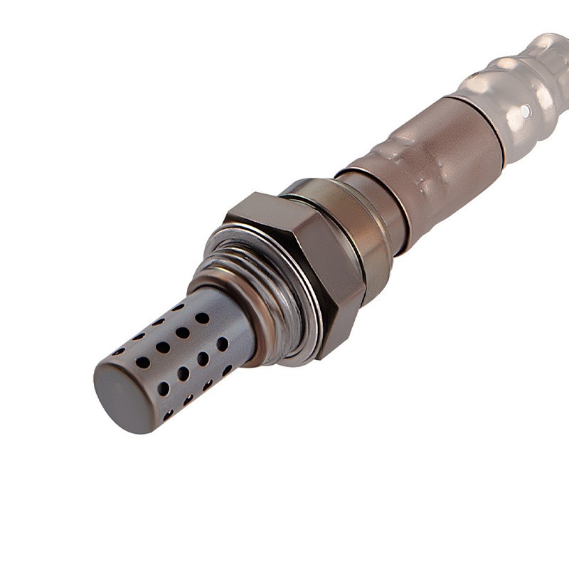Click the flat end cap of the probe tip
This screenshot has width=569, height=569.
coord(122,394)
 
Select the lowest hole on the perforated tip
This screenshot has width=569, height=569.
coord(169,415)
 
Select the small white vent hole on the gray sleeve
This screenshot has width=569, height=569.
coord(525,112)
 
